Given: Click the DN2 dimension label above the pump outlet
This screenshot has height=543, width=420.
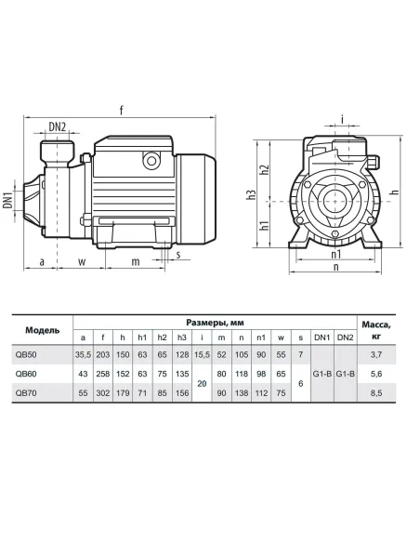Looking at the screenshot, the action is pyautogui.click(x=57, y=127).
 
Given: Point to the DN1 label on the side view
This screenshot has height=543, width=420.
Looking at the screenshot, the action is pyautogui.click(x=8, y=200).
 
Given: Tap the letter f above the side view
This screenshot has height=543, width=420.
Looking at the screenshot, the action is pyautogui.click(x=122, y=110).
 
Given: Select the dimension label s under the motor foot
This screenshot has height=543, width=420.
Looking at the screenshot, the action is pyautogui.click(x=178, y=255).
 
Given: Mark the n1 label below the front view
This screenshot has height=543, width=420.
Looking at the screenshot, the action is pyautogui.click(x=336, y=254).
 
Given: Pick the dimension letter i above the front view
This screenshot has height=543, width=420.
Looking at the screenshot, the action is pyautogui.click(x=342, y=120).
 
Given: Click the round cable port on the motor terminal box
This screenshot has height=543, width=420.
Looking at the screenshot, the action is pyautogui.click(x=151, y=160).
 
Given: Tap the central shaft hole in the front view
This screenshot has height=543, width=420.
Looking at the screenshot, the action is pyautogui.click(x=335, y=201).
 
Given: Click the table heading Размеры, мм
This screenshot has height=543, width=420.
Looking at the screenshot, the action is pyautogui.click(x=216, y=323).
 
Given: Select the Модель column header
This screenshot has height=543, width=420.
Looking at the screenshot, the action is pyautogui.click(x=42, y=330).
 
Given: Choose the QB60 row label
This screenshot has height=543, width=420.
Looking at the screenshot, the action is pyautogui.click(x=26, y=374).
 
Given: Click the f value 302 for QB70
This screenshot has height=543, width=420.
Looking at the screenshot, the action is pyautogui.click(x=103, y=393).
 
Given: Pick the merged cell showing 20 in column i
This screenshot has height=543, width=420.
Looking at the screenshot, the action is pyautogui.click(x=202, y=383).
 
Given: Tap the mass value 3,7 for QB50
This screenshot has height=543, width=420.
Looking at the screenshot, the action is pyautogui.click(x=376, y=355).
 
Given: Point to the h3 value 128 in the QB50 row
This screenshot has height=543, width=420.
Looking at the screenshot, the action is pyautogui.click(x=182, y=355).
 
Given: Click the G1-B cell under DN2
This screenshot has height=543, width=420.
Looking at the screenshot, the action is pyautogui.click(x=346, y=374).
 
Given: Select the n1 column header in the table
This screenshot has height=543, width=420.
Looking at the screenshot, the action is pyautogui.click(x=261, y=338).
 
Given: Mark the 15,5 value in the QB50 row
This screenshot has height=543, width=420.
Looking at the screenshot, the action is pyautogui.click(x=202, y=355).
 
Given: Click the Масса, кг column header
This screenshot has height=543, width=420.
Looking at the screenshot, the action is pyautogui.click(x=376, y=330).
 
